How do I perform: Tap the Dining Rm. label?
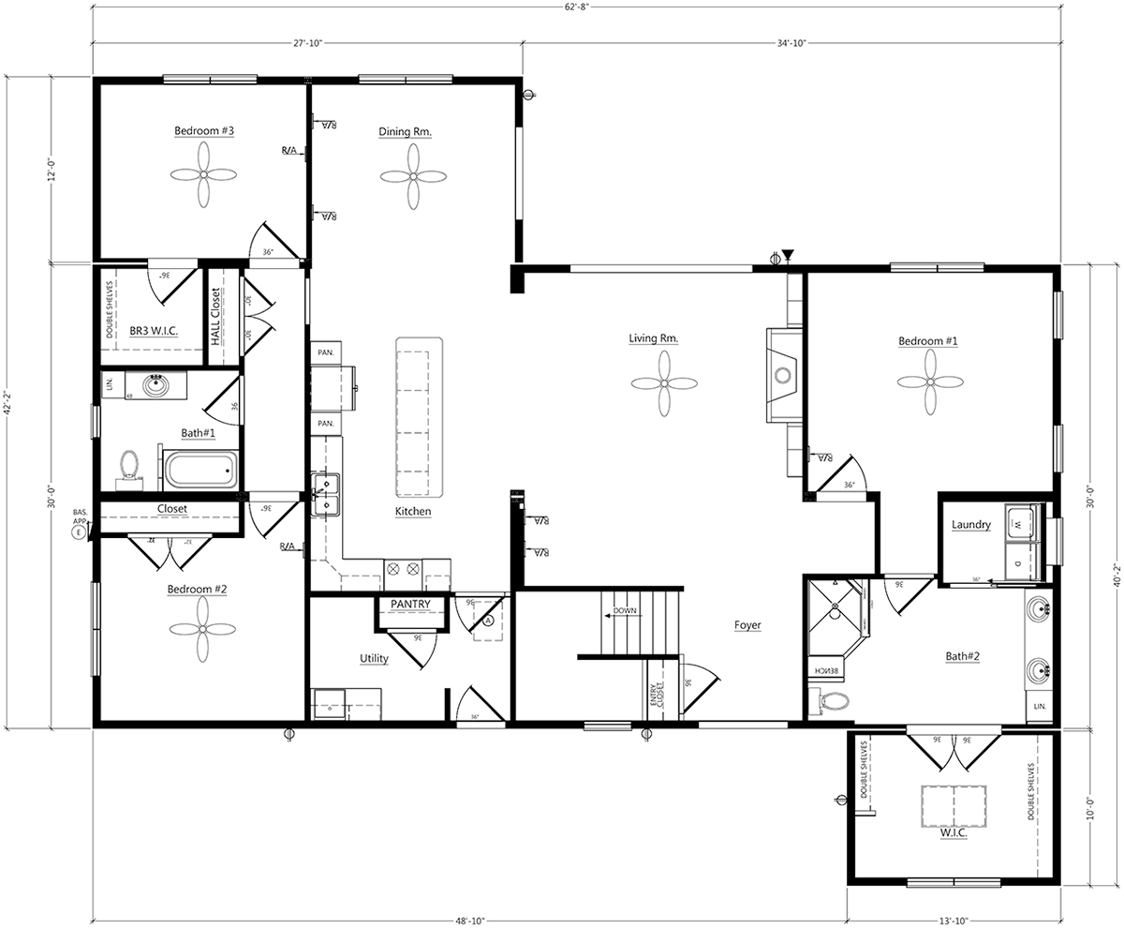coord(405,132)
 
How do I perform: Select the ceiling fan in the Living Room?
coord(664,383)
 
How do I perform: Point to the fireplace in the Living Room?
coord(781,376)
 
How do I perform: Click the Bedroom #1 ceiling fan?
coord(930,382)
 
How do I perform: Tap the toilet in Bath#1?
coord(129,466)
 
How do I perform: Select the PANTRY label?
coord(410,604)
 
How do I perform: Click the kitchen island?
coord(418,418)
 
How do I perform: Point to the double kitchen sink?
coord(326,494)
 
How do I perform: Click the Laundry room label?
coord(970,525)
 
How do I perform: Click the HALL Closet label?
coord(215,317)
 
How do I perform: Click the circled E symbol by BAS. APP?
coord(79,531)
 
